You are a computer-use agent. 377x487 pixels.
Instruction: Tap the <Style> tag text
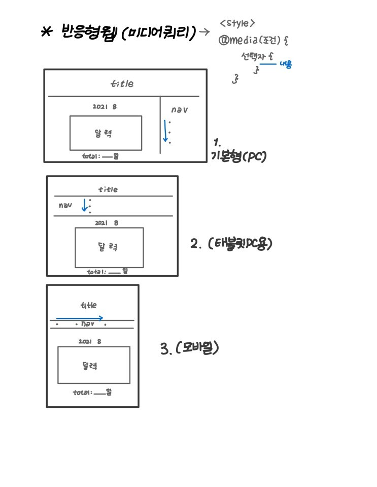237,23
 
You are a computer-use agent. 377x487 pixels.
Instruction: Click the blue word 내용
287,65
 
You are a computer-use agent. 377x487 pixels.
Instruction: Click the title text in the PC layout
122,84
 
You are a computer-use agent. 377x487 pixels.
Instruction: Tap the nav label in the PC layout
179,110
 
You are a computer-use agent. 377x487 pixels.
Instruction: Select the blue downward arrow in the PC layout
165,131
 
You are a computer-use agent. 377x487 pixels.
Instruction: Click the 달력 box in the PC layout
106,133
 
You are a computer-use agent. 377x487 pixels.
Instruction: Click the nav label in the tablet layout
65,206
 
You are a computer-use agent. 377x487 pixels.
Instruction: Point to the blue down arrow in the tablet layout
84,205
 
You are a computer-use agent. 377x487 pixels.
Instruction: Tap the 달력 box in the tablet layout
109,247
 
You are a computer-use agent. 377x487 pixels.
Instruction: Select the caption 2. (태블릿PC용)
231,244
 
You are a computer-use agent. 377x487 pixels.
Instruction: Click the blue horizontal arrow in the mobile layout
80,318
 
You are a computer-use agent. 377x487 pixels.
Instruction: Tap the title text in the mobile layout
88,306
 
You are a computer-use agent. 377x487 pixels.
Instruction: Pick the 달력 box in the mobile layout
93,365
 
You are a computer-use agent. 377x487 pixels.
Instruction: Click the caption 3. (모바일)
189,348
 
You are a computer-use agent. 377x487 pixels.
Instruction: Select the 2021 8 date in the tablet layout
107,223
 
